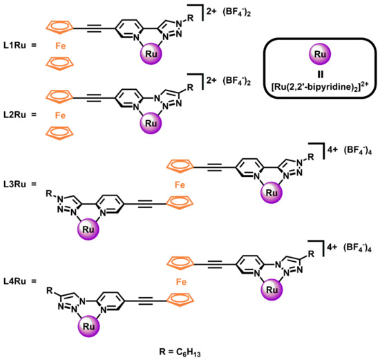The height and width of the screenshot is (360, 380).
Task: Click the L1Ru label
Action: (15, 46)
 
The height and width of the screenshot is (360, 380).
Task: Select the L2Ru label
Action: (15, 115)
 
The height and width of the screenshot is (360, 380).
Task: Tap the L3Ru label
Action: (15, 184)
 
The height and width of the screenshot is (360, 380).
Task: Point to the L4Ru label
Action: (15, 281)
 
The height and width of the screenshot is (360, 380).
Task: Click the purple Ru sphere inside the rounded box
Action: (320, 54)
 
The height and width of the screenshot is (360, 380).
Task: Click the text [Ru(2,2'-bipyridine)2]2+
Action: (320, 87)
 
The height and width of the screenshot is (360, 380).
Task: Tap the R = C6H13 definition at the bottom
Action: (180, 352)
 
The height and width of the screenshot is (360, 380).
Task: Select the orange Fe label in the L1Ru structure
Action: (60, 46)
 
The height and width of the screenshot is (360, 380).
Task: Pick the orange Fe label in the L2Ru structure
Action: (60, 115)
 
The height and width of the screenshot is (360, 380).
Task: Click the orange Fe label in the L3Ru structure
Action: (180, 185)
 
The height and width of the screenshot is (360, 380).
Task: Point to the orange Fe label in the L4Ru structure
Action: (181, 282)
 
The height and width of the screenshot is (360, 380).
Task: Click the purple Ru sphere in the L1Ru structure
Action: (151, 54)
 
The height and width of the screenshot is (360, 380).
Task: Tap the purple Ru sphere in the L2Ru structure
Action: (151, 123)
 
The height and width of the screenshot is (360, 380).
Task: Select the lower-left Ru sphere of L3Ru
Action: (88, 229)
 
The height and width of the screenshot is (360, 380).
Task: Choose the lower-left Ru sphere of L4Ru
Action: (88, 326)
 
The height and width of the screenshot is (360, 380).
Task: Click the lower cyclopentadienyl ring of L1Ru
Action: (59, 64)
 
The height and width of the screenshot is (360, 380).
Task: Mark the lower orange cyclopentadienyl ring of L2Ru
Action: (59, 133)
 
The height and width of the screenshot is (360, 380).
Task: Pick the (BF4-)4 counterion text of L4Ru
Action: (357, 248)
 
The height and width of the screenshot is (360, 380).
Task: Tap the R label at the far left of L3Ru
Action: (49, 193)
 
